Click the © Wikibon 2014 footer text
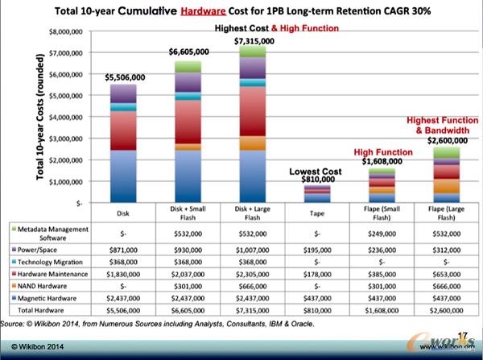click(x=31, y=348)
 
